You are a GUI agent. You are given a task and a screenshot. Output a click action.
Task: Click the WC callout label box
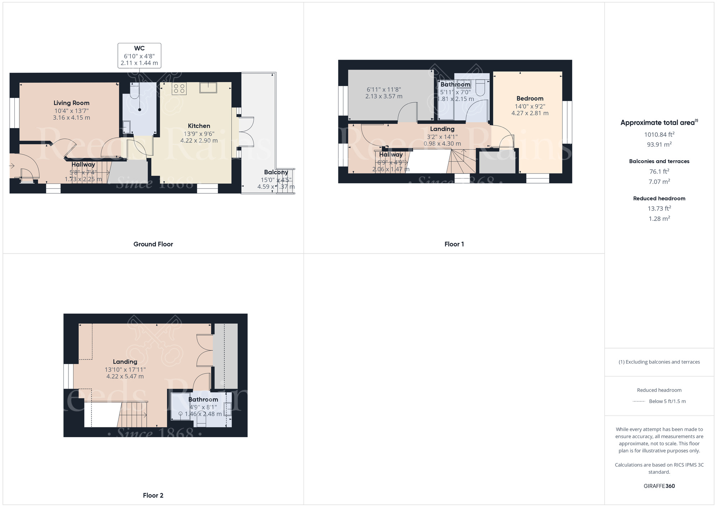pyautogui.click(x=139, y=56)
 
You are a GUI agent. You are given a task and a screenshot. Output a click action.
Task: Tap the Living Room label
pyautogui.click(x=71, y=103)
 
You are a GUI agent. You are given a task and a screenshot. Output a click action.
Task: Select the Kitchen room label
pyautogui.click(x=199, y=126)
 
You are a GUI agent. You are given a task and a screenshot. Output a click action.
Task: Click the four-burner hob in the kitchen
pyautogui.click(x=179, y=89)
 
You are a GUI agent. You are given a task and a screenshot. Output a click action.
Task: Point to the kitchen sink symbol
pyautogui.click(x=208, y=87)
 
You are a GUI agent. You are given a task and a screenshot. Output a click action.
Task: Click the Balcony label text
pyautogui.click(x=276, y=172)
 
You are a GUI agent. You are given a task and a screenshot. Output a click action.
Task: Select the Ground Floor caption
pyautogui.click(x=153, y=244)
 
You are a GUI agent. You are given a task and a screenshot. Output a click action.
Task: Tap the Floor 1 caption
pyautogui.click(x=454, y=244)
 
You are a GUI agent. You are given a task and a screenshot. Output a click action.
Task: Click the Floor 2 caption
pyautogui.click(x=153, y=496)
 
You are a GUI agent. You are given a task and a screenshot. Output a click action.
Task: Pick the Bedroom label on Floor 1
pyautogui.click(x=530, y=98)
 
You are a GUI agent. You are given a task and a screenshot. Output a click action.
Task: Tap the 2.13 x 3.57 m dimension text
pyautogui.click(x=384, y=96)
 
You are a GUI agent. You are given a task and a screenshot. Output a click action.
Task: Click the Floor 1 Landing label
pyautogui.click(x=442, y=129)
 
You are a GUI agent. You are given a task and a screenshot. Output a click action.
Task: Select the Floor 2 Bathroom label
pyautogui.click(x=203, y=399)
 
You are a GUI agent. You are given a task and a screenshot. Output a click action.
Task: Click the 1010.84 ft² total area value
pyautogui.click(x=659, y=134)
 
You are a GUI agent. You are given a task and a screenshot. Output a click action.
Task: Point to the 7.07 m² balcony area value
pyautogui.click(x=659, y=182)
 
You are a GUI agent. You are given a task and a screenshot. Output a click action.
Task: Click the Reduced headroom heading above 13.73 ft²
pyautogui.click(x=659, y=198)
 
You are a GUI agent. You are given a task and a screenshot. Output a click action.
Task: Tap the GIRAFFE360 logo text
pyautogui.click(x=659, y=486)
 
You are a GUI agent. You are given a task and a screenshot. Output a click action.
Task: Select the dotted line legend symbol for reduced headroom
pyautogui.click(x=639, y=401)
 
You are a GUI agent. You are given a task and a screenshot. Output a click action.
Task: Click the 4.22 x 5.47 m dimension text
pyautogui.click(x=125, y=376)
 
